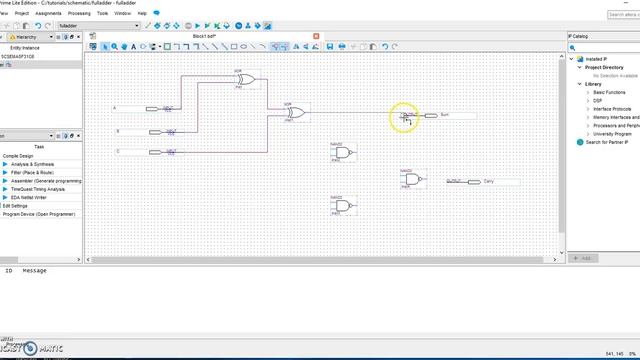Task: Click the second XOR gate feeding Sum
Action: click(295, 113)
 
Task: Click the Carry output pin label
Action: click(475, 181)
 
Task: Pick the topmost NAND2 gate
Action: click(343, 152)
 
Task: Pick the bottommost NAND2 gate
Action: click(343, 206)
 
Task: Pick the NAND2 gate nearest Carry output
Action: click(412, 180)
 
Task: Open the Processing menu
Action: click(79, 13)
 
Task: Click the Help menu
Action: click(142, 13)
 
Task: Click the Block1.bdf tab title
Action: click(205, 36)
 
